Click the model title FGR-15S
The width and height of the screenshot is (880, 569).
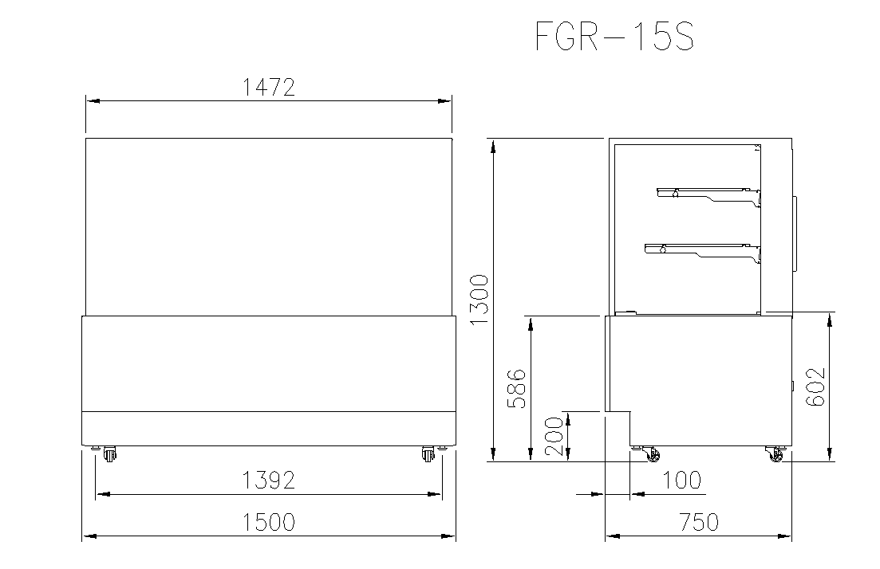(x=615, y=37)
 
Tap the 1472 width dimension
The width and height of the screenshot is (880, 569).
(x=268, y=88)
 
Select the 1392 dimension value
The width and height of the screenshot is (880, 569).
(x=268, y=481)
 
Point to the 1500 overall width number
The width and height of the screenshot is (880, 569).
(x=268, y=523)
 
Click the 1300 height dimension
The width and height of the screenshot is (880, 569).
(x=479, y=300)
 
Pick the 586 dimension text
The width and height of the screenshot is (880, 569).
(x=516, y=388)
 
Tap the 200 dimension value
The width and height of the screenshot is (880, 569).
(x=554, y=437)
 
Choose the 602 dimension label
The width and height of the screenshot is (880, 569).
(x=815, y=387)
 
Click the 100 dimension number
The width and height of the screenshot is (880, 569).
(x=682, y=481)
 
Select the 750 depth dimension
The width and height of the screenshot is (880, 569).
(x=699, y=523)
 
